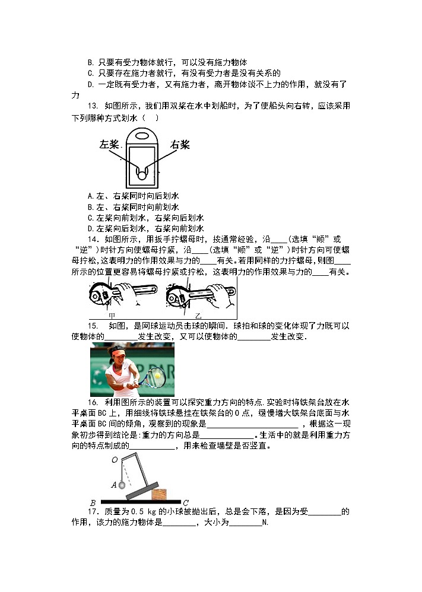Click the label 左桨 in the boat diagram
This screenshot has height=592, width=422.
[x=110, y=144]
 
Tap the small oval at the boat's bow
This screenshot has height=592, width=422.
[x=142, y=135]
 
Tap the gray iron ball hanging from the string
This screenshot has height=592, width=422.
[x=123, y=485]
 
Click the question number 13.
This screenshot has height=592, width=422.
[x=93, y=106]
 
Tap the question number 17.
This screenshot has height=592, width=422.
[x=93, y=512]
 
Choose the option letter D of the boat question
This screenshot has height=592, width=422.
[x=90, y=228]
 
